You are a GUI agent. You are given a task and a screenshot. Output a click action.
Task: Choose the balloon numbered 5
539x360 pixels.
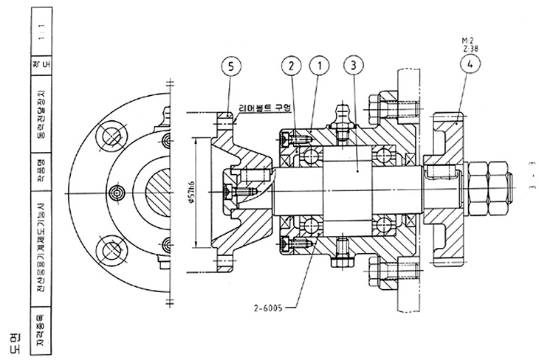[231, 67]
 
